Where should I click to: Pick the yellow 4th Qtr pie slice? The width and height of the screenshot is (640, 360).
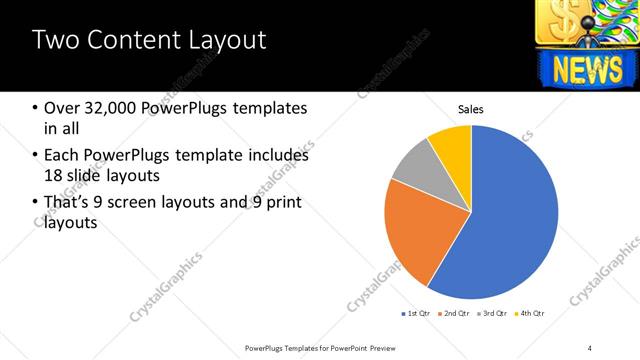click(453, 143)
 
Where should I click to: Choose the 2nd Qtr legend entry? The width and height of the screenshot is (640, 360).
click(456, 313)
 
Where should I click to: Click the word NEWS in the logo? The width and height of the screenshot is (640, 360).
click(584, 69)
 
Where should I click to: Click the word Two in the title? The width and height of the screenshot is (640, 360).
click(56, 40)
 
